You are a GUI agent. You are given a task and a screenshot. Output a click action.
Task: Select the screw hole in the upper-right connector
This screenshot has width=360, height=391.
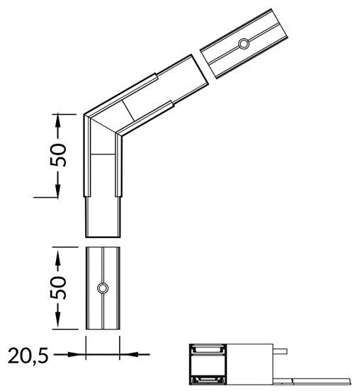(243, 44)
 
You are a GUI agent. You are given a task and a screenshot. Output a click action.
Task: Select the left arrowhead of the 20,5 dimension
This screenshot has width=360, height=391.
(81, 353)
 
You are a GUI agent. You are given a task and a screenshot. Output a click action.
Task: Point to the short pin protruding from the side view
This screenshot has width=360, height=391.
(281, 350)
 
